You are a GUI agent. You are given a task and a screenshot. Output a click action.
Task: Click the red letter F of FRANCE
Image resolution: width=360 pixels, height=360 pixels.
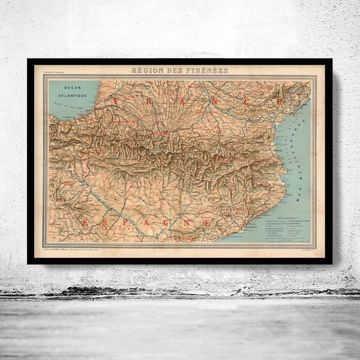tap(116, 102)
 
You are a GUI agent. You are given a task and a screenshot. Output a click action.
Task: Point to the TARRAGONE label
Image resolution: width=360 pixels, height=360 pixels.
tap(182, 238)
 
